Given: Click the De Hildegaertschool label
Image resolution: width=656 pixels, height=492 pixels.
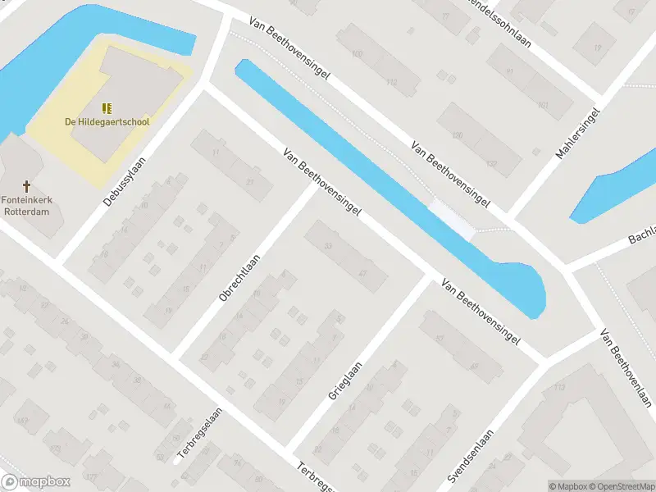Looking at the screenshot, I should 107,122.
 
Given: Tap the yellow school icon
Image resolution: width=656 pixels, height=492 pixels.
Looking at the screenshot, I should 107,107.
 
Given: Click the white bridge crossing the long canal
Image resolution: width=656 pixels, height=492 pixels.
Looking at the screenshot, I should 452,220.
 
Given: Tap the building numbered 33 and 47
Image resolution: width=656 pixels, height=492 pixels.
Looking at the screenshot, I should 346,256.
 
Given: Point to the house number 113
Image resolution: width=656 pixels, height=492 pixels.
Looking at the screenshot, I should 560,388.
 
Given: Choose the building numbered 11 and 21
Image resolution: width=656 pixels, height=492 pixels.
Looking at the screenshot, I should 233,166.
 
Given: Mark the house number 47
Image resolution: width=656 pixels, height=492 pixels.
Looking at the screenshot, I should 362,273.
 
